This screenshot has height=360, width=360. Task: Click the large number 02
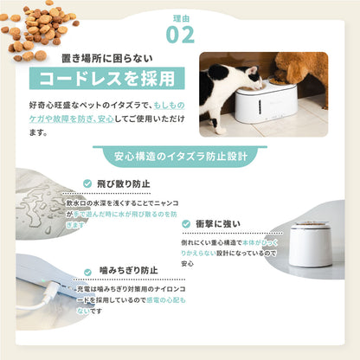179,35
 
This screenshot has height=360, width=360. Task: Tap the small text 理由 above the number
179,14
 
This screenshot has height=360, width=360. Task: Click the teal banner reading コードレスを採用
106,79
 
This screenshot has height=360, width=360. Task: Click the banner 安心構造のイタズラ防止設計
179,157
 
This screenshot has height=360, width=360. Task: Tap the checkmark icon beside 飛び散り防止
88,183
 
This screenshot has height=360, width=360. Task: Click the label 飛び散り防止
122,183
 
